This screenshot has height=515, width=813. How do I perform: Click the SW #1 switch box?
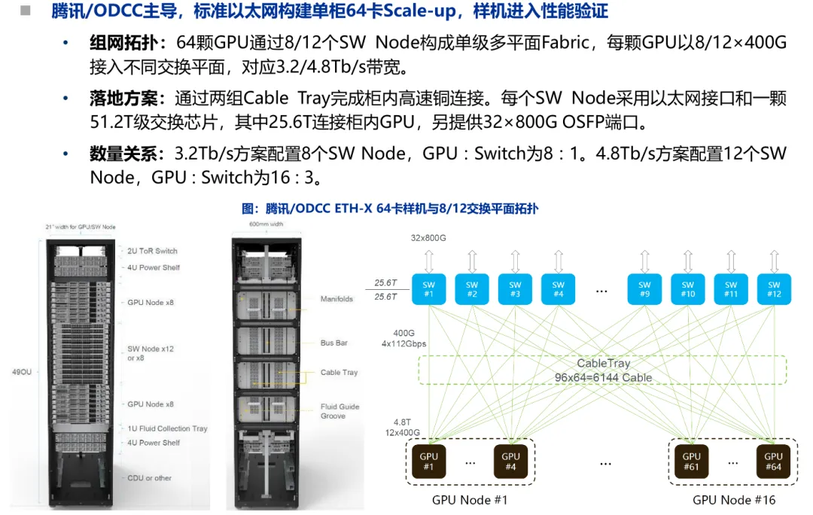pyautogui.click(x=428, y=289)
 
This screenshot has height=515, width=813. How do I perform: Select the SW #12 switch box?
pyautogui.click(x=774, y=289)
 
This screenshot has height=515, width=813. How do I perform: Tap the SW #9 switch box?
pyautogui.click(x=644, y=289)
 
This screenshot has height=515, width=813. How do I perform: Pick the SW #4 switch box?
pyautogui.click(x=558, y=289)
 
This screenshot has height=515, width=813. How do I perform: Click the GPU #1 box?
pyautogui.click(x=428, y=461)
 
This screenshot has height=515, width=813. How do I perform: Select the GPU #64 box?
pyautogui.click(x=773, y=461)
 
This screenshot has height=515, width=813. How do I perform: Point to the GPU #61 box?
pyautogui.click(x=691, y=461)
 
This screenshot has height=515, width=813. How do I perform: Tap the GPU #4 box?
pyautogui.click(x=510, y=461)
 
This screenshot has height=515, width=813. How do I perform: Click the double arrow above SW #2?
pyautogui.click(x=472, y=261)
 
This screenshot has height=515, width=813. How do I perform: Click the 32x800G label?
pyautogui.click(x=428, y=238)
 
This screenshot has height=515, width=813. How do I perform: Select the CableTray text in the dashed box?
pyautogui.click(x=604, y=363)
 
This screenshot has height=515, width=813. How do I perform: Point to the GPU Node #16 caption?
pyautogui.click(x=734, y=500)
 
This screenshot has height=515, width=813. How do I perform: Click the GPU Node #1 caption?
pyautogui.click(x=469, y=500)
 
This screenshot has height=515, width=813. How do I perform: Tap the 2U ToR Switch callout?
pyautogui.click(x=152, y=251)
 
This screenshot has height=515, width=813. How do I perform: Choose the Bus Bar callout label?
pyautogui.click(x=334, y=343)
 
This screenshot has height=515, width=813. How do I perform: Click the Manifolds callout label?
pyautogui.click(x=336, y=299)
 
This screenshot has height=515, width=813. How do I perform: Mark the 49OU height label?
pyautogui.click(x=22, y=372)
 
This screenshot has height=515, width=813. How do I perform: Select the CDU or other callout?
pyautogui.click(x=149, y=478)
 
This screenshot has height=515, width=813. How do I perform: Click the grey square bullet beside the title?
pyautogui.click(x=26, y=11)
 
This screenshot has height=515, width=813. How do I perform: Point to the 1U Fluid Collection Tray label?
pyautogui.click(x=167, y=428)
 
